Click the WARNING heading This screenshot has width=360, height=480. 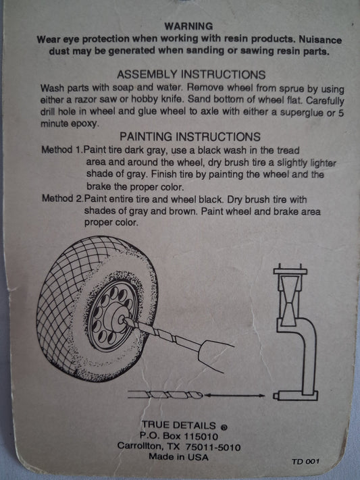[x=188, y=26]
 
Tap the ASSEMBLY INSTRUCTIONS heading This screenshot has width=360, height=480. [x=191, y=75]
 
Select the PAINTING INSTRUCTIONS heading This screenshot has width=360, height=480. [x=190, y=136]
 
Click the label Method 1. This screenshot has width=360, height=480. [x=62, y=150]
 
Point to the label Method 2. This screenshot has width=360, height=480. [x=63, y=198]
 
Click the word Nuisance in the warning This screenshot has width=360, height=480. [x=320, y=40]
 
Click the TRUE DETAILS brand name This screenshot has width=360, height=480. [x=178, y=425]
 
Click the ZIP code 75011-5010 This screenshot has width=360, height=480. [x=213, y=447]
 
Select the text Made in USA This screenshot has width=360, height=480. [x=178, y=457]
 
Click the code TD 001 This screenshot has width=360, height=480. [x=305, y=461]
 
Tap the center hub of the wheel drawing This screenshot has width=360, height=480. [x=118, y=319]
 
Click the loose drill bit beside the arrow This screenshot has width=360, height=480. [x=165, y=395]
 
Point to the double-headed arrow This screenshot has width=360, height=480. [x=234, y=396]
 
